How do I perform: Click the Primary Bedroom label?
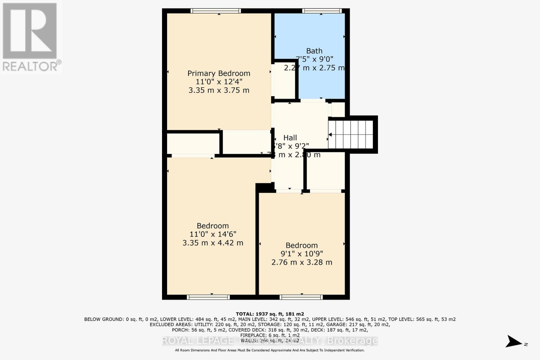click(x=219, y=73)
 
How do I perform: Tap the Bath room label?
click(x=314, y=51)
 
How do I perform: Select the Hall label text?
click(x=290, y=138)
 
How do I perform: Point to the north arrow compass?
click(x=514, y=341)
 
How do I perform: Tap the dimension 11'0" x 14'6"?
click(x=213, y=234)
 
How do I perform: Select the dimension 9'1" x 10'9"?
click(x=302, y=254)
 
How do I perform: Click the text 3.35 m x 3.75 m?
click(x=219, y=90)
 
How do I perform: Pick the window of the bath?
click(x=322, y=11)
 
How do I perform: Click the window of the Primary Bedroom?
click(x=216, y=11)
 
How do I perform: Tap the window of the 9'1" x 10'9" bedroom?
click(x=301, y=297)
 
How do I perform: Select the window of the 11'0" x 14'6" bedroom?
click(x=208, y=297)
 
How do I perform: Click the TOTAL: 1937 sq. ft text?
click(x=270, y=314)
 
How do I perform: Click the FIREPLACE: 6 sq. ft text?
click(x=270, y=335)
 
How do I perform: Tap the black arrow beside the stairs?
click(x=330, y=135)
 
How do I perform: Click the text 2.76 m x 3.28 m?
click(x=302, y=262)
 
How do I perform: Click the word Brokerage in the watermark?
click(x=352, y=341)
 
